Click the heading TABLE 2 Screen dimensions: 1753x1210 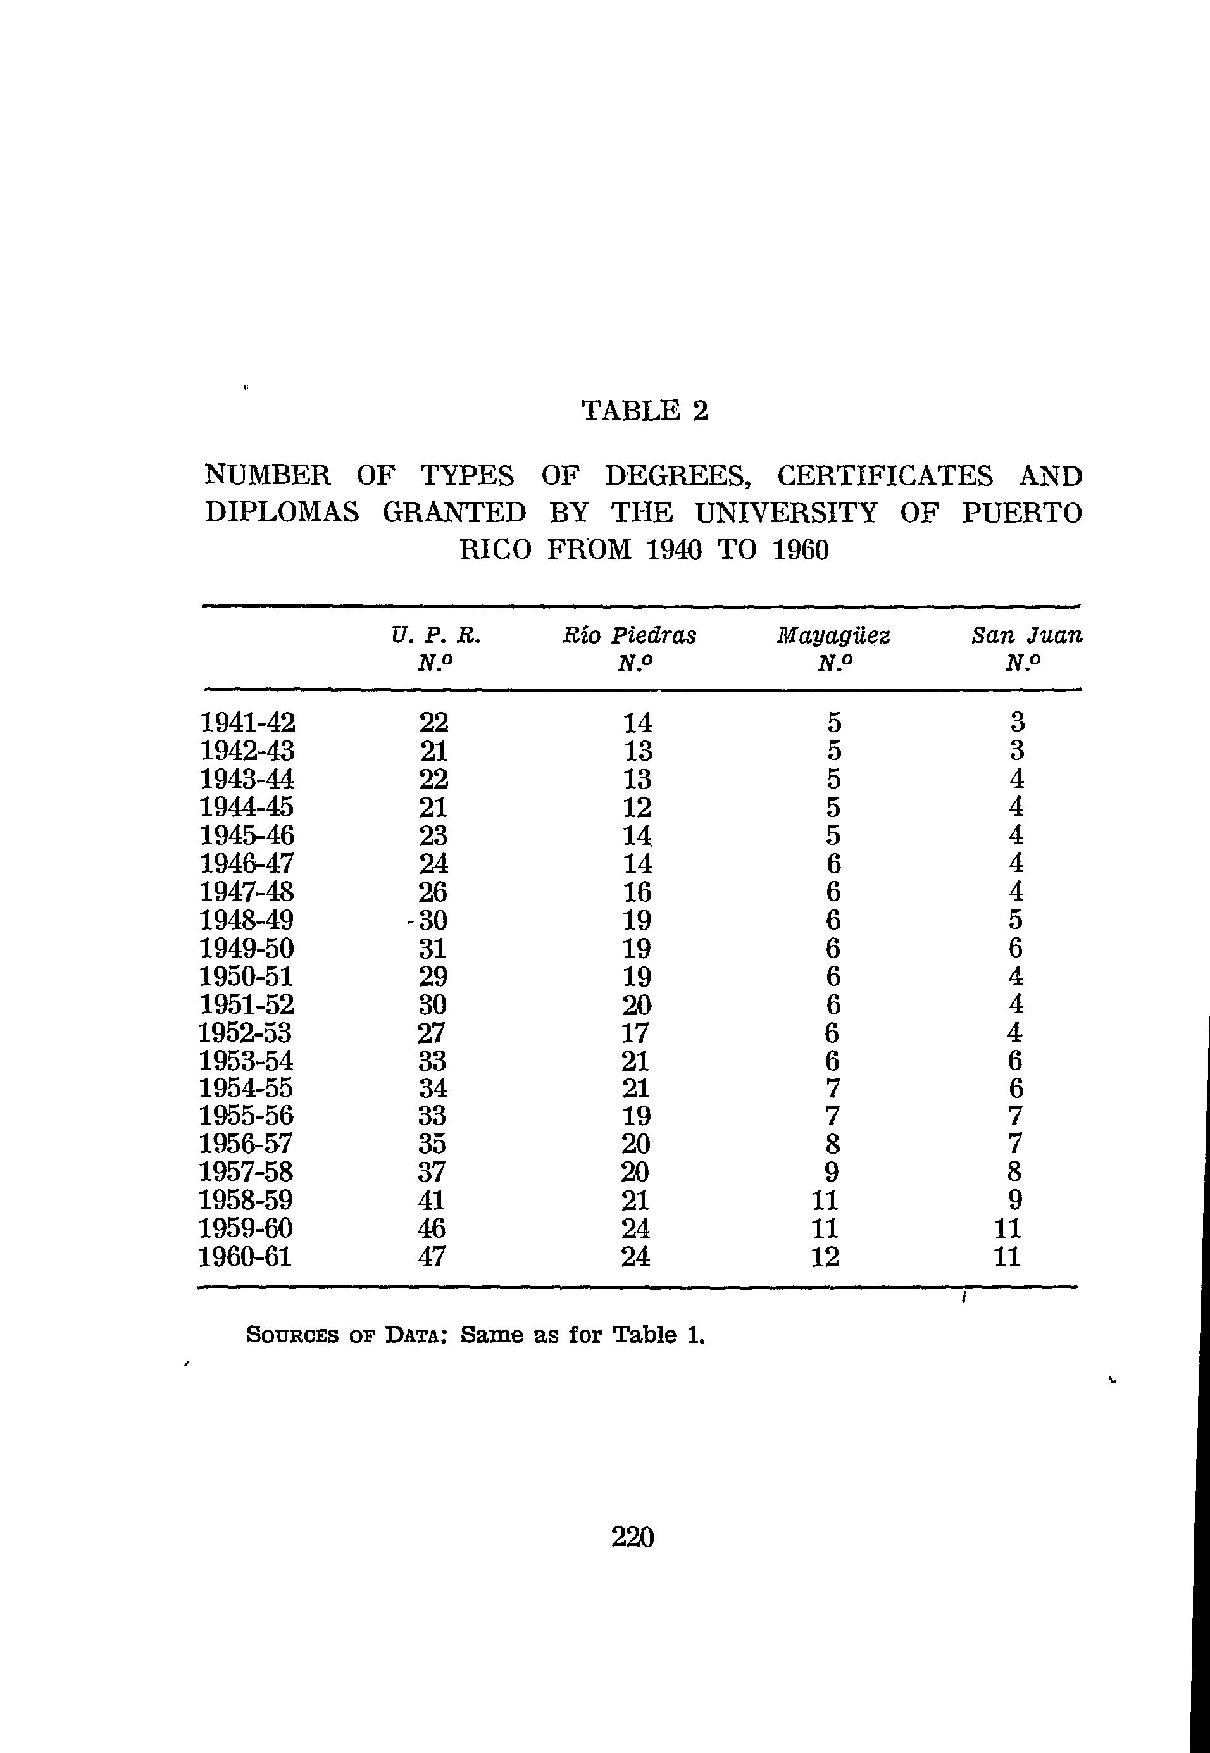pos(644,411)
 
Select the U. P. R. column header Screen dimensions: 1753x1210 pos(436,635)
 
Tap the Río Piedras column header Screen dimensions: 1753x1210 pos(628,635)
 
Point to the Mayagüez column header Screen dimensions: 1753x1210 pos(833,635)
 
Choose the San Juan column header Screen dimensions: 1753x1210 pos(1026,635)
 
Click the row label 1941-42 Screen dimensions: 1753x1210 pos(247,722)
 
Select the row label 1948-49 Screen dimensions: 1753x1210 pos(246,920)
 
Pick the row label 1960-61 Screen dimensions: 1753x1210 pos(245,1257)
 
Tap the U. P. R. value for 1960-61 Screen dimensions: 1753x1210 pos(432,1257)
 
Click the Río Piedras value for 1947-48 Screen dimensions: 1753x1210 pos(637,892)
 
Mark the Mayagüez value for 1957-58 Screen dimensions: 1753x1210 pos(832,1172)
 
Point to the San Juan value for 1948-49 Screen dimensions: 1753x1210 pos(1016,920)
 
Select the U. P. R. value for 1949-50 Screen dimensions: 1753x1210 pos(432,948)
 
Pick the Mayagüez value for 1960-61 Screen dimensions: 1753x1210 pos(826,1257)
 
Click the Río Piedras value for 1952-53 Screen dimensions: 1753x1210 pos(637,1033)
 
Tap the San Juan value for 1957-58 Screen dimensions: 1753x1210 pos(1015,1172)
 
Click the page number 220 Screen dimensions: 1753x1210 pos(632,1537)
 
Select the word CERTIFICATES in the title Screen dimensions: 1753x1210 pos(885,476)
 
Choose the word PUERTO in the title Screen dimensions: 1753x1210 pos(1022,513)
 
